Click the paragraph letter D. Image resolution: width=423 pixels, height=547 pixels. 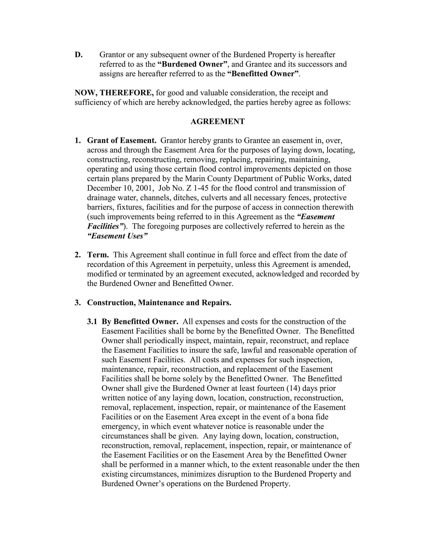tap(78, 55)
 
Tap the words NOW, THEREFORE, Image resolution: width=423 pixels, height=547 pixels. tap(114, 93)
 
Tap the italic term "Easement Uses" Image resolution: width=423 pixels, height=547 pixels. tap(118, 236)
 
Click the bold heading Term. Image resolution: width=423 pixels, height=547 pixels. tap(98, 255)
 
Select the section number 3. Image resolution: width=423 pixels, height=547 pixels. tap(77, 303)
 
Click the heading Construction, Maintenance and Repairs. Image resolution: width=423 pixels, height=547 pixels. tap(159, 303)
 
